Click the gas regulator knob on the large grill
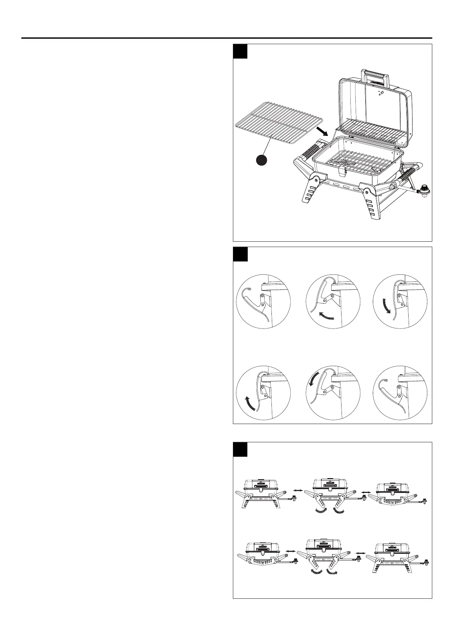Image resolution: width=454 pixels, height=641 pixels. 424,189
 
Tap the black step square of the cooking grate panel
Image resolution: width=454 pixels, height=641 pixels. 241,51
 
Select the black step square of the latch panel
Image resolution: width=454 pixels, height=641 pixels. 241,254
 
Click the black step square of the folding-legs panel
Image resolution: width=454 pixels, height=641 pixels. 241,450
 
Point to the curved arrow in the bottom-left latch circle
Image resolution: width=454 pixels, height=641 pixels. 250,403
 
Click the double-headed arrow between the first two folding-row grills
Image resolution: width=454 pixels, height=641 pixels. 298,491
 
